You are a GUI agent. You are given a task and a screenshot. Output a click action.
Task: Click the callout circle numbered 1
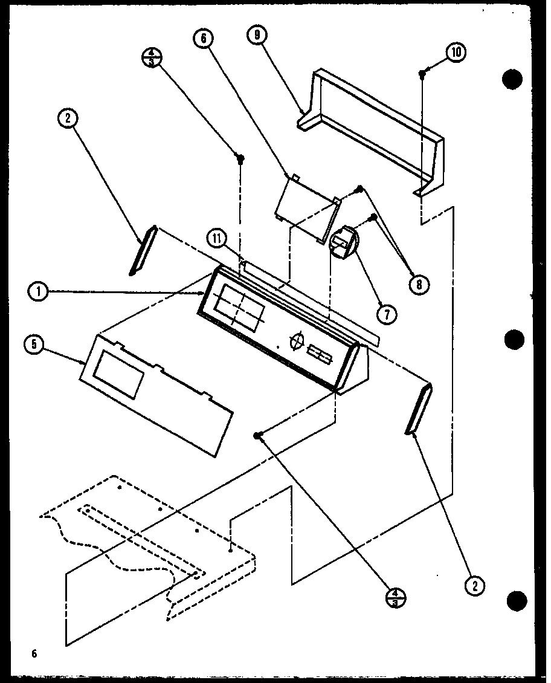point(38,291)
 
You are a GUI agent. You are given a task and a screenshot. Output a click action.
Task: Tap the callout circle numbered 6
point(203,39)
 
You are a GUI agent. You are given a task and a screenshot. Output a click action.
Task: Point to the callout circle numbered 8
point(417,282)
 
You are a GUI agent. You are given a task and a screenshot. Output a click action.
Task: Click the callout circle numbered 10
point(456,53)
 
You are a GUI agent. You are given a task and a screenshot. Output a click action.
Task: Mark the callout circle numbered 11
point(215,239)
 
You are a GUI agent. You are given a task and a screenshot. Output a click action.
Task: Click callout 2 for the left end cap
point(67,119)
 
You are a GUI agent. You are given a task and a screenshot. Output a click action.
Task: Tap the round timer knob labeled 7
point(343,242)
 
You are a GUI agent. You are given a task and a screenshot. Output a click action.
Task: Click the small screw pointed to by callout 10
point(422,73)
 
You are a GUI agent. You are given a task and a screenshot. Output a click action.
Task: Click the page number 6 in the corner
point(35,653)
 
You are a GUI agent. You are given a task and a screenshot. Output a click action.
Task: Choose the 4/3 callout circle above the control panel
point(149,59)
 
